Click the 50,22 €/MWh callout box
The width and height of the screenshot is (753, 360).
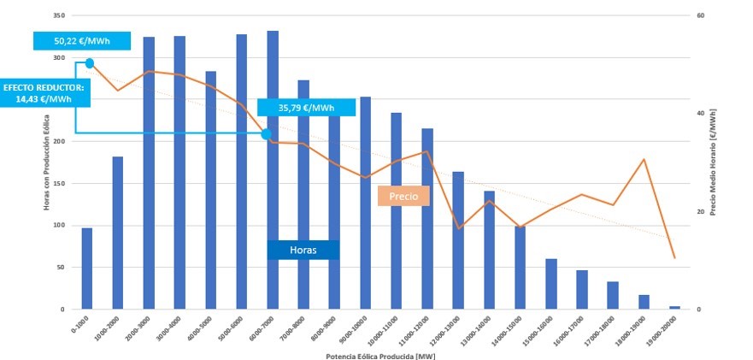(x=82, y=41)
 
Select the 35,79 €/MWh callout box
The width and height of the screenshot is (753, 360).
(x=306, y=108)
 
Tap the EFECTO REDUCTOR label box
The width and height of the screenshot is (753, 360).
(x=43, y=93)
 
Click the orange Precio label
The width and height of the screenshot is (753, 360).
(x=403, y=196)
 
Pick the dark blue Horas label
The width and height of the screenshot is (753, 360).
(x=303, y=250)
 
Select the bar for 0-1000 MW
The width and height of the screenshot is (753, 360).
(x=87, y=269)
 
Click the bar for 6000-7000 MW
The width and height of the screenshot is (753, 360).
(x=273, y=171)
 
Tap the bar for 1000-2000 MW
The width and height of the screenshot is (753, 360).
(x=118, y=233)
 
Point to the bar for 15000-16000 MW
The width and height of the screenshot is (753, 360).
(x=551, y=284)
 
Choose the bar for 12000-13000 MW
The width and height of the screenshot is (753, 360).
(x=458, y=240)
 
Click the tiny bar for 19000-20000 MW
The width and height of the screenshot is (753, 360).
(x=674, y=307)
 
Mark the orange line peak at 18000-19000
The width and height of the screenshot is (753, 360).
(x=644, y=160)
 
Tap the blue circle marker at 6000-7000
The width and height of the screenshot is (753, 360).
(x=266, y=134)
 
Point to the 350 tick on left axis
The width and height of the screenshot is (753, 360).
(x=59, y=16)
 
